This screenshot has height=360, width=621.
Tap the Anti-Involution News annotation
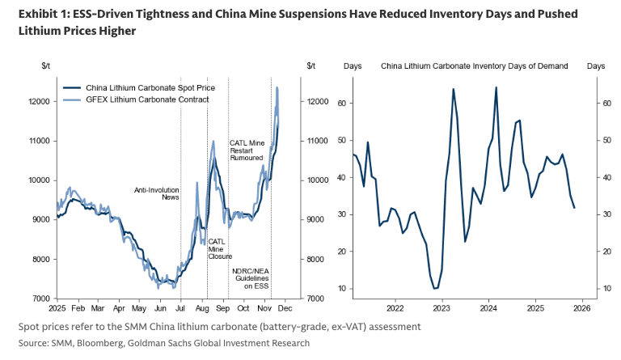coord(156,193)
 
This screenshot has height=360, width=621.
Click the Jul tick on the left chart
coord(180,309)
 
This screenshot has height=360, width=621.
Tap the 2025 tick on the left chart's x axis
coord(57,309)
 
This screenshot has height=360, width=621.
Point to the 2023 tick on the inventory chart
coord(441,308)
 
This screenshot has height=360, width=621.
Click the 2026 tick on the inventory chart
coord(582,308)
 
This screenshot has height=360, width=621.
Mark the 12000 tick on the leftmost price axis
coord(37,102)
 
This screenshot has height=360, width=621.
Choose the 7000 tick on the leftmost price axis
coord(40,299)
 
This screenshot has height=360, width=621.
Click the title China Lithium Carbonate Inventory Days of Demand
coord(474,66)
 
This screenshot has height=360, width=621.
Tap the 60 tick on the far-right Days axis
coord(603,104)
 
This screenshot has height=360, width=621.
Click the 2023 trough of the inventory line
coord(436,288)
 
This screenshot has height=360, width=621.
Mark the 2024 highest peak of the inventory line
coord(496,87)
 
